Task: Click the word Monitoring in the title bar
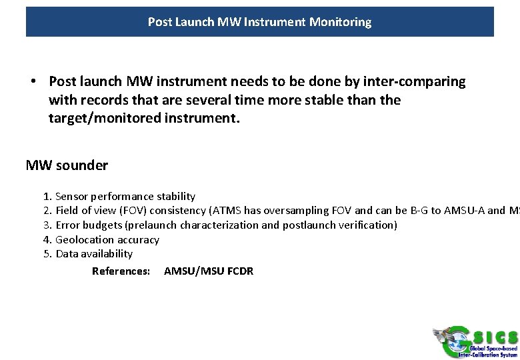coord(341,22)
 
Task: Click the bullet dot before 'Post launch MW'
coord(33,81)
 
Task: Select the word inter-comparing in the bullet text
coord(416,81)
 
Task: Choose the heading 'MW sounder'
coord(67,165)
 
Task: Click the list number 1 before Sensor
coord(47,197)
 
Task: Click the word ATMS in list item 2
coord(225,211)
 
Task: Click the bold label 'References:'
coord(121,271)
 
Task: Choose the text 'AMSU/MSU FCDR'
coord(209,271)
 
